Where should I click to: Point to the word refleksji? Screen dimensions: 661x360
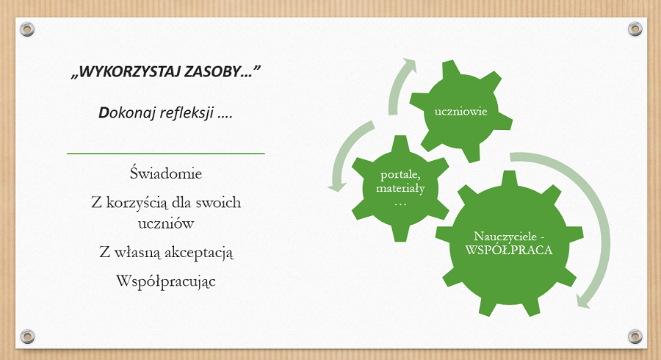tap(187, 113)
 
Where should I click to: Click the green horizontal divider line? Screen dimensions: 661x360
tap(166, 154)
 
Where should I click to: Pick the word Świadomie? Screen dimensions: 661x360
tap(166, 173)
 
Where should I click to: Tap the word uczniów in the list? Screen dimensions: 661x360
tap(166, 223)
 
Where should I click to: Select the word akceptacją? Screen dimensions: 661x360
tap(198, 253)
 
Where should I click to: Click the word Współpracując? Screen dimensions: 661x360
tap(166, 281)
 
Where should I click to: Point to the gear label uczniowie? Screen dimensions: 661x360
tap(460, 111)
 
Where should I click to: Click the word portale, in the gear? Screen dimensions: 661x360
tap(400, 175)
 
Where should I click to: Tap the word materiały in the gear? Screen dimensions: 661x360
tap(400, 188)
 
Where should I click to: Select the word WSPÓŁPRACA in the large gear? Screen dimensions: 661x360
tap(509, 250)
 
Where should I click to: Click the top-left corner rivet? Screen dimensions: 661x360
tap(27, 29)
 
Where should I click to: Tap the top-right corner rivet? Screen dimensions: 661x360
tap(635, 29)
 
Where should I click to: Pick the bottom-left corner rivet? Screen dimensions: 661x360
tap(27, 336)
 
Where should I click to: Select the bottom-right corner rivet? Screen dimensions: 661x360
tap(635, 336)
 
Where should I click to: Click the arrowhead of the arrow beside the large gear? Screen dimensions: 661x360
tap(584, 301)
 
